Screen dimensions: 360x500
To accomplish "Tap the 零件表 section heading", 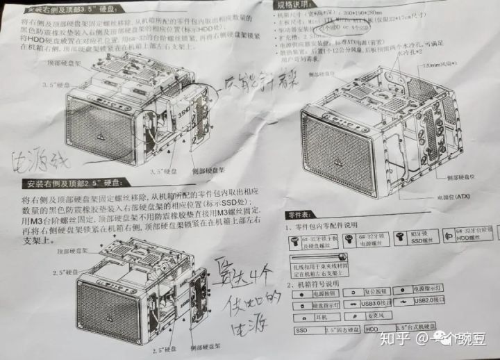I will click(x=304, y=215).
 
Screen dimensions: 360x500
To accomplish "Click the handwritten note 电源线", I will click(x=38, y=161).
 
